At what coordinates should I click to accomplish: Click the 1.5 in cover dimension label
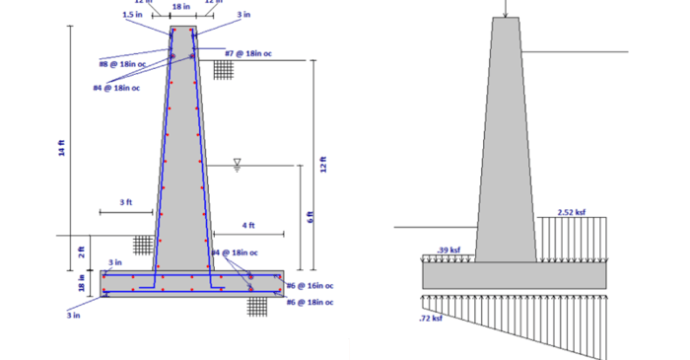coord(131,15)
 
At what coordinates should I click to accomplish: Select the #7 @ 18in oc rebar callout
coord(248,53)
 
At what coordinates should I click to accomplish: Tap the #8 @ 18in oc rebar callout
coord(122,64)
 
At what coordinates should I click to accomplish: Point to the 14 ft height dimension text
coord(62,149)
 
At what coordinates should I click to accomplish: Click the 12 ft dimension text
coord(323,166)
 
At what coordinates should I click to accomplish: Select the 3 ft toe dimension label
coord(126,202)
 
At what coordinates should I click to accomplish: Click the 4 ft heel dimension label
coord(248,226)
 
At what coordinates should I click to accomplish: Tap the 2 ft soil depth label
coord(82,252)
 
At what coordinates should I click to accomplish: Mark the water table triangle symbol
coord(237,162)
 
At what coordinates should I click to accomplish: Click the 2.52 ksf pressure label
coord(572,211)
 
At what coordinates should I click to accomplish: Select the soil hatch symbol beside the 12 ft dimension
coord(224,70)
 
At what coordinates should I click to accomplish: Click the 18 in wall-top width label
coord(181,7)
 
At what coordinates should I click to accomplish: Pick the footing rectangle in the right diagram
coord(514,276)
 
